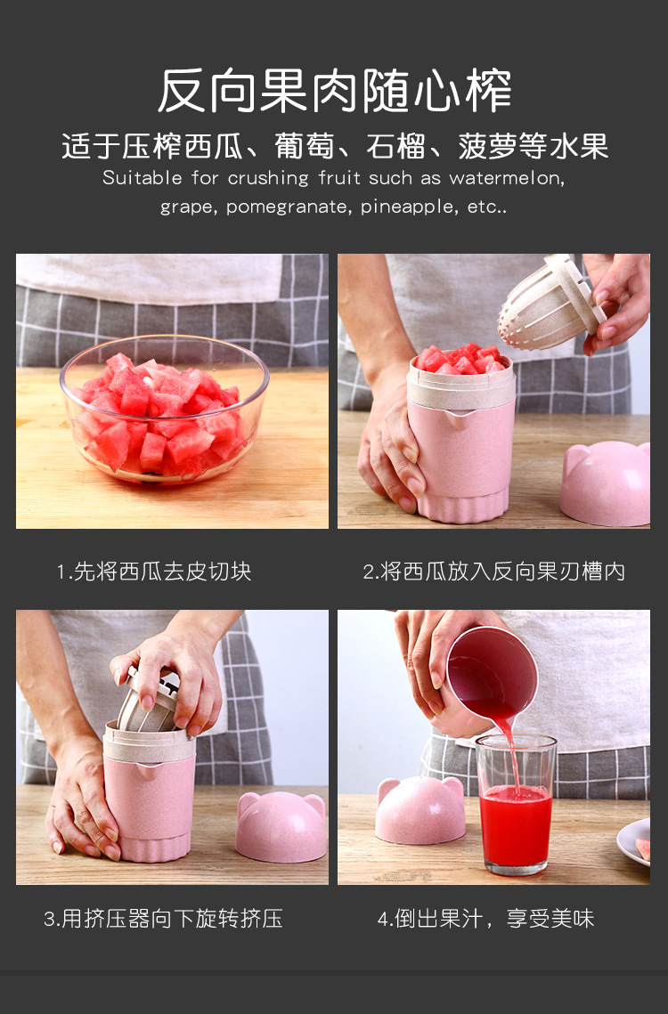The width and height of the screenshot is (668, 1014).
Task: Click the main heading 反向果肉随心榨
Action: (x=334, y=90)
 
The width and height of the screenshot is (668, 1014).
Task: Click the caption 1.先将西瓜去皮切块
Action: (x=154, y=572)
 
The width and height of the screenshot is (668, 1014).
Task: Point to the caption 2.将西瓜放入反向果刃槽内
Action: (x=494, y=572)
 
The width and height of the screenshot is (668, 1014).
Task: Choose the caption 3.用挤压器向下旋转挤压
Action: (x=163, y=918)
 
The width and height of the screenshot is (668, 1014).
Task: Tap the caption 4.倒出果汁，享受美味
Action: (x=485, y=918)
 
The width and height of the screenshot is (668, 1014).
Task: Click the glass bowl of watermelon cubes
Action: (x=165, y=409)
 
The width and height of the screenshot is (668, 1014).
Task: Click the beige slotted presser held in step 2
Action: (x=550, y=303)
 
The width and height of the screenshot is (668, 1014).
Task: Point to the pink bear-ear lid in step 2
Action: (x=606, y=483)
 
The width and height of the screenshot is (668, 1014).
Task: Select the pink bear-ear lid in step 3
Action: (x=281, y=826)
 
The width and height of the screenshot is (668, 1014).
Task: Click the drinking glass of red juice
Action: (x=516, y=805)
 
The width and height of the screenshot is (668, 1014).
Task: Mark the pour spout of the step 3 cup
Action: (x=146, y=769)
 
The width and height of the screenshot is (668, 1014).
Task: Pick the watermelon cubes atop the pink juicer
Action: (x=460, y=359)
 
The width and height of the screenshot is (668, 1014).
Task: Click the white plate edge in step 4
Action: (x=633, y=841)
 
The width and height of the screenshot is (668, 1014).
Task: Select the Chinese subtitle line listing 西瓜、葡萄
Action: (x=335, y=146)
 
